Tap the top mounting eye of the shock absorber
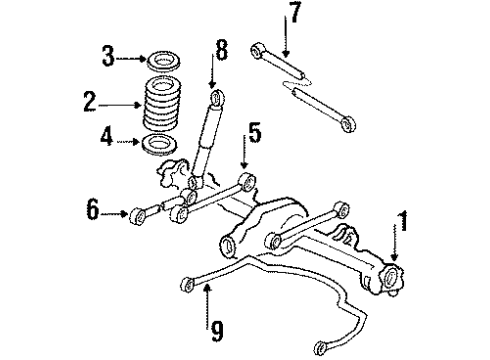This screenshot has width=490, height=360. pyautogui.click(x=217, y=97)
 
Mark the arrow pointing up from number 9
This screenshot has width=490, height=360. pyautogui.click(x=207, y=299)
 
